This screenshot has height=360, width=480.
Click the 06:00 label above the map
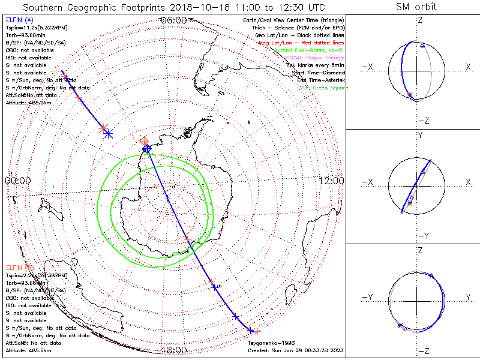click(173, 20)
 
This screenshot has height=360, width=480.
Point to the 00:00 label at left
click(17, 181)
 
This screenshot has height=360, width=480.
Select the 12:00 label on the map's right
click(331, 181)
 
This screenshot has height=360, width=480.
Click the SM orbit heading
click(416, 7)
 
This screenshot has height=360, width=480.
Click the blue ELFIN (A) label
click(20, 20)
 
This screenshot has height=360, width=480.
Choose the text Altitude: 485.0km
click(28, 103)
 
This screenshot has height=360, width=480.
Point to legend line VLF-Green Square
click(322, 88)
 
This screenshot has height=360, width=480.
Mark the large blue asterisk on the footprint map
click(108, 134)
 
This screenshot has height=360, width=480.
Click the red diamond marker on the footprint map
click(144, 141)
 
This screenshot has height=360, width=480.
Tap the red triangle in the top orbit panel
click(422, 46)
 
